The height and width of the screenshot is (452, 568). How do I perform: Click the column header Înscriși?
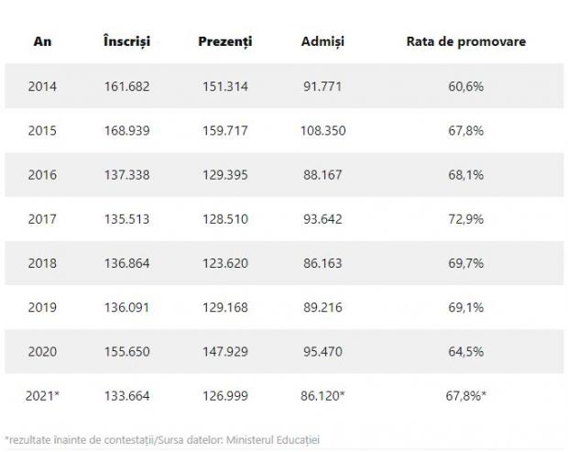127,42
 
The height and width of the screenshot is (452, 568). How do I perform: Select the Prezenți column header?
224,42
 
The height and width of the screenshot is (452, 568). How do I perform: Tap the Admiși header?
322,42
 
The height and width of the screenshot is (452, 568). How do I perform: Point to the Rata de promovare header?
465,42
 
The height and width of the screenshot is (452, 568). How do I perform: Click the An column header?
42,42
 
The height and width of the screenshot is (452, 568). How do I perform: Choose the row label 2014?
42,87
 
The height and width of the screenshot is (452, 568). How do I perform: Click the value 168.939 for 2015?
127,131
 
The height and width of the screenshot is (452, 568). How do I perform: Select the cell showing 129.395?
224,175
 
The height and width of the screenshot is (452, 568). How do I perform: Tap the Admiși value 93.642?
322,219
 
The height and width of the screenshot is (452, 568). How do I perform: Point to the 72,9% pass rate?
465,219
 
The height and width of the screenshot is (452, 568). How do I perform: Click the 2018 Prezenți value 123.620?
224,263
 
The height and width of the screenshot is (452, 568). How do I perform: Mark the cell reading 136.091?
127,307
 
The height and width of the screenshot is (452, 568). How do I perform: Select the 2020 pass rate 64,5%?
465,351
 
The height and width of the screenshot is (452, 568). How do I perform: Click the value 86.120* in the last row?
325,395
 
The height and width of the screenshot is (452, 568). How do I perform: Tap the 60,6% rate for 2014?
465,87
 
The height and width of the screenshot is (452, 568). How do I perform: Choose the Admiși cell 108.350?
322,131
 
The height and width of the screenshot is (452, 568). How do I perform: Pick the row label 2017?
42,219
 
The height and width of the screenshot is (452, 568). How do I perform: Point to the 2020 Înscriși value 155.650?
127,351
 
